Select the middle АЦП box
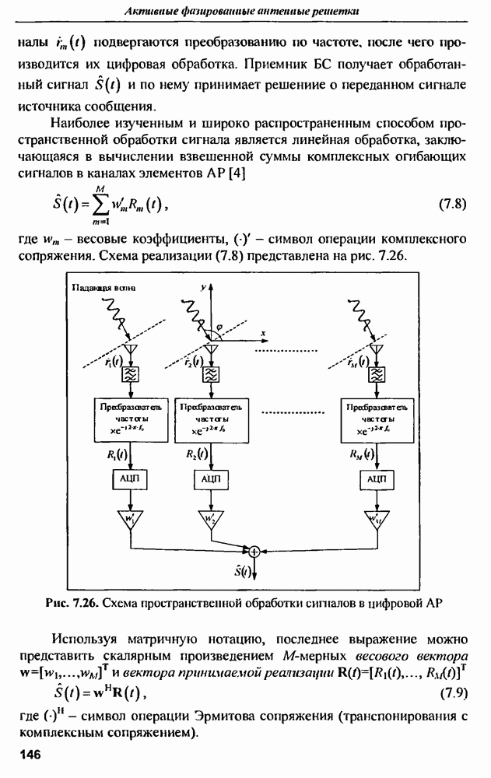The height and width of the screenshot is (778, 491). tap(209, 479)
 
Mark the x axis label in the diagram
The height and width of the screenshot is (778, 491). tap(264, 332)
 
